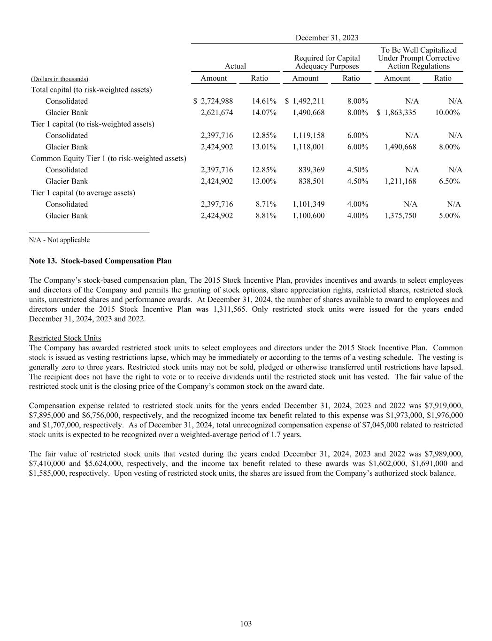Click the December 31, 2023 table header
click(327, 38)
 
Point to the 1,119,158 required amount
click(308, 136)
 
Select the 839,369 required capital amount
click(311, 170)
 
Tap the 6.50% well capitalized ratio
click(449, 181)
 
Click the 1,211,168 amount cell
click(400, 181)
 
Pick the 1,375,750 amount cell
click(400, 216)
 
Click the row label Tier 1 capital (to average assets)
click(83, 193)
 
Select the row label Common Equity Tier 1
click(108, 159)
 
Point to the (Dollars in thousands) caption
click(60, 79)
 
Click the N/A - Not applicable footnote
click(59, 240)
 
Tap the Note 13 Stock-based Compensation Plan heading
click(100, 261)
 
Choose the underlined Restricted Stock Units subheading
click(65, 338)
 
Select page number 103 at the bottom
click(246, 624)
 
